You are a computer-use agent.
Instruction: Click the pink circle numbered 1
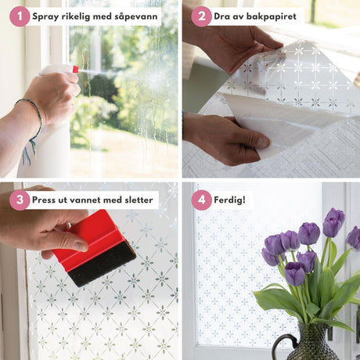pyautogui.click(x=20, y=16)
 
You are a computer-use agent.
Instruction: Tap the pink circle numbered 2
pyautogui.click(x=201, y=16)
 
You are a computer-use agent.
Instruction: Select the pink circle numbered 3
pyautogui.click(x=20, y=200)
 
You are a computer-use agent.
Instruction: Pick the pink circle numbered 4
pyautogui.click(x=201, y=200)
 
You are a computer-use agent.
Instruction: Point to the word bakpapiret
pyautogui.click(x=272, y=16)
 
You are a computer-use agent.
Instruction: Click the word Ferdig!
pyautogui.click(x=229, y=200)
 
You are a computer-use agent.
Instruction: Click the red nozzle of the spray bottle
pyautogui.click(x=75, y=69)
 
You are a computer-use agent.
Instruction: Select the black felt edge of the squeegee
pyautogui.click(x=102, y=264)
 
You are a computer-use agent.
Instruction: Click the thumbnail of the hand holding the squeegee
pyautogui.click(x=80, y=246)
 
